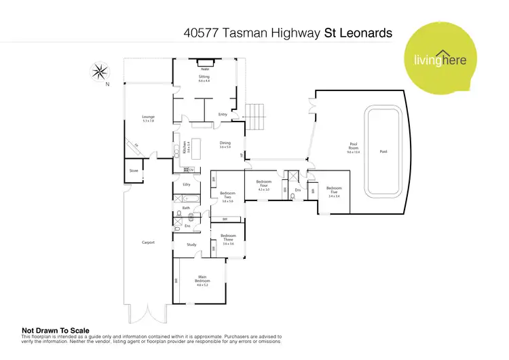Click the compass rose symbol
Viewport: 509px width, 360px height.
coord(100,70)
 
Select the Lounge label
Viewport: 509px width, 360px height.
coord(148,118)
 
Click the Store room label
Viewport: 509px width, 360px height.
coord(134,170)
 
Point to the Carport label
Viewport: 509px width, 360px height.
coord(148,242)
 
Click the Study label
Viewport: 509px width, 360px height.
coord(191,245)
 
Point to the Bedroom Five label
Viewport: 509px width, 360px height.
coord(333,190)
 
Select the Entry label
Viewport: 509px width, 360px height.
coord(222,114)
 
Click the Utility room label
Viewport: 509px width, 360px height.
coord(186,184)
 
